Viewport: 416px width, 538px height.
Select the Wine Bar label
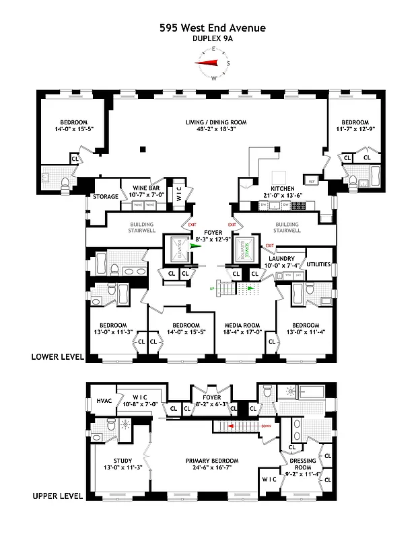click(145, 188)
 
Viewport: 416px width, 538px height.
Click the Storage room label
click(106, 197)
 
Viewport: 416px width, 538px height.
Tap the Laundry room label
click(282, 258)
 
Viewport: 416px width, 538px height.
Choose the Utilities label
click(318, 265)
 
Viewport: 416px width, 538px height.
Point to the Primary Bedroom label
click(212, 461)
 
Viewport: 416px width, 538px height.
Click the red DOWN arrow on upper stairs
click(231, 426)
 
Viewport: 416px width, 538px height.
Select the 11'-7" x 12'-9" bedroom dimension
click(354, 129)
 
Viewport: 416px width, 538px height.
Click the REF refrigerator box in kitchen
click(312, 181)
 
